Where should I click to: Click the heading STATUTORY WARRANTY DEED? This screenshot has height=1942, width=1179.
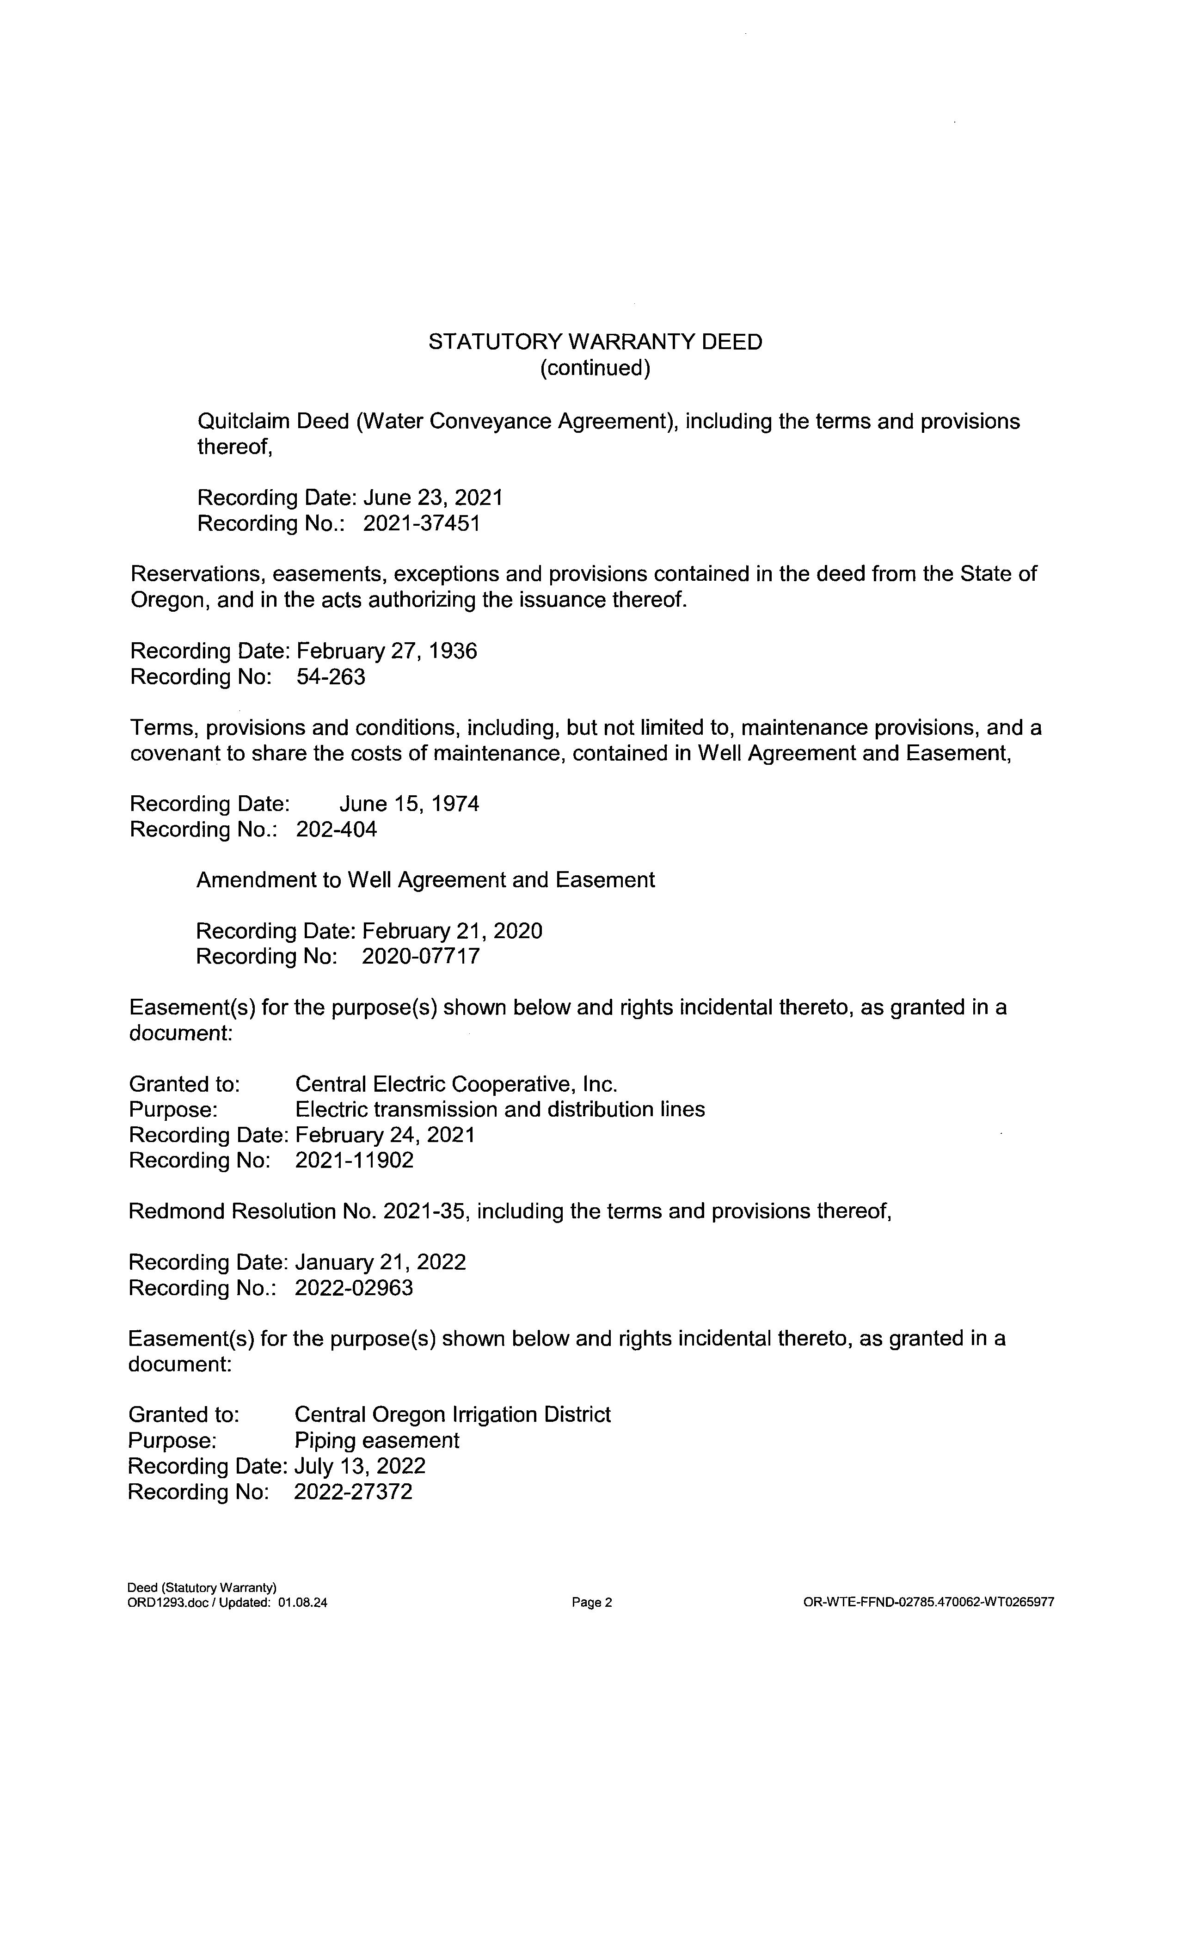click(x=595, y=342)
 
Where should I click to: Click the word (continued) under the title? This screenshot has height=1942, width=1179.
click(x=595, y=368)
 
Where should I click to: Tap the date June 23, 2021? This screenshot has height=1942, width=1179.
click(x=432, y=498)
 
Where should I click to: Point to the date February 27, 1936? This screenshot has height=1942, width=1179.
click(x=386, y=651)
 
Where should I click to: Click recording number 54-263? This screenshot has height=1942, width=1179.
click(x=331, y=677)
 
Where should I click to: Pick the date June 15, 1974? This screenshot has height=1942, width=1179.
click(x=409, y=804)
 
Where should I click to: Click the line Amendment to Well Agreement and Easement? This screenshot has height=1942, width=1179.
click(x=425, y=879)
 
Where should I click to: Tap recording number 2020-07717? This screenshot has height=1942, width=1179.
click(x=420, y=956)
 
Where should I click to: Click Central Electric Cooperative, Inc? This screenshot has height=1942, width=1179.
click(x=456, y=1084)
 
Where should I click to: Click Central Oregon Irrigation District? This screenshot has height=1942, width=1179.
click(x=452, y=1415)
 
